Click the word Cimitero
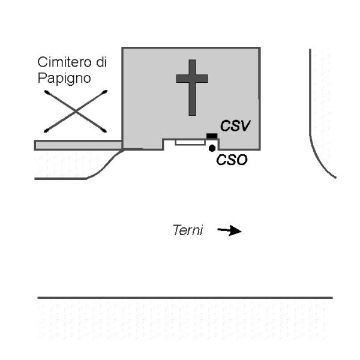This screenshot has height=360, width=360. pos(64,62)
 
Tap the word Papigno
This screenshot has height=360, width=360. pos(64,79)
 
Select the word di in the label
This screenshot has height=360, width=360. pos(101,62)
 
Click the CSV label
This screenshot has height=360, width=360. pos(235,126)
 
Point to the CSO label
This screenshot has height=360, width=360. pos(232,160)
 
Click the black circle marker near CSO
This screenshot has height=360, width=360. pos(212,148)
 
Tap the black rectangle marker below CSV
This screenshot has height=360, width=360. pos(212,136)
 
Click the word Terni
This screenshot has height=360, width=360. pos(188,230)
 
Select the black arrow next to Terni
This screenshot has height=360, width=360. pos(229,230)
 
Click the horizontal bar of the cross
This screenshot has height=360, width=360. pos(192,79)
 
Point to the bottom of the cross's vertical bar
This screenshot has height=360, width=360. pos(192,115)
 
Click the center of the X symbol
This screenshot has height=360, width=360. pos(76,112)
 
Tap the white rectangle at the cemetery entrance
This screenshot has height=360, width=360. pos(190,142)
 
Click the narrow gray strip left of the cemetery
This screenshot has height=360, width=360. pos(78,145)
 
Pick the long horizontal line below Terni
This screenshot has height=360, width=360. pos(185,298)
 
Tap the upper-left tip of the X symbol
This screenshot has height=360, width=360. pos(45,91)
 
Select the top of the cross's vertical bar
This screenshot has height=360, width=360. pos(192,60)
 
